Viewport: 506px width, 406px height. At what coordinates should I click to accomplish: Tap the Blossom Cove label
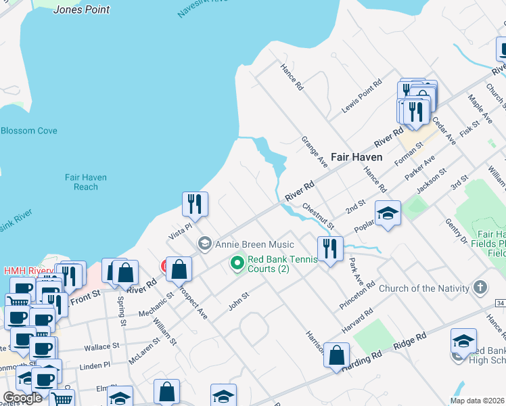click(x=29, y=131)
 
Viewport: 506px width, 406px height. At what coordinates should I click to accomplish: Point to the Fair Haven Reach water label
click(x=86, y=182)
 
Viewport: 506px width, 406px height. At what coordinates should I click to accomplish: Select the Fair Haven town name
click(x=356, y=156)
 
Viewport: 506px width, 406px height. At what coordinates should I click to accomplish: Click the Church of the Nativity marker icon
click(x=480, y=288)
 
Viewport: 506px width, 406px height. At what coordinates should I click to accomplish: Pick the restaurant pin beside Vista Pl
click(x=195, y=204)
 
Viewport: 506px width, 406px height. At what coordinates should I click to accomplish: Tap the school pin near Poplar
click(x=388, y=213)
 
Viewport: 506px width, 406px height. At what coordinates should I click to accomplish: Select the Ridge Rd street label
click(x=411, y=340)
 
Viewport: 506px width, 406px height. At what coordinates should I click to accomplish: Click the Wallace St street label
click(x=102, y=347)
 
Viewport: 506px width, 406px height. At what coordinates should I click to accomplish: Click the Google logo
click(x=22, y=398)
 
